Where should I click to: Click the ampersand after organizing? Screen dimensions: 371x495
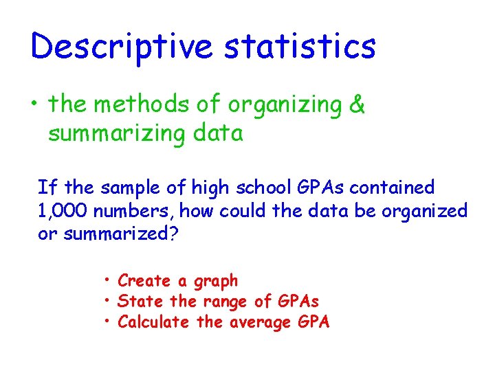coord(357,105)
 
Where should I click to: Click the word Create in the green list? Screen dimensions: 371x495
coord(144,280)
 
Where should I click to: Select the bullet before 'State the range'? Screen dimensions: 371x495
coord(109,301)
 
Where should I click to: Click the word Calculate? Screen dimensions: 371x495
coord(153,322)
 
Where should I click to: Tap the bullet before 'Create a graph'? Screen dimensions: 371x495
coord(109,280)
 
